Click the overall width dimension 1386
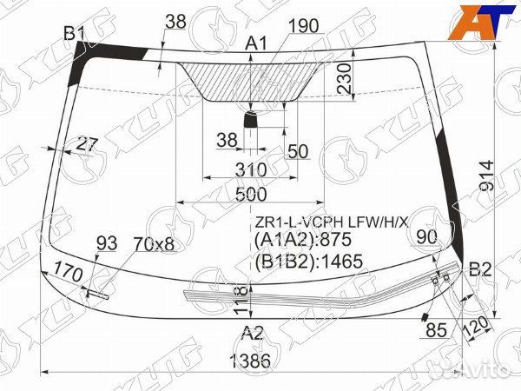click(250, 361)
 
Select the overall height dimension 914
click(487, 175)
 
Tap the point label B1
click(75, 33)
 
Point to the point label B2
click(480, 269)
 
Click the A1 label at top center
click(256, 43)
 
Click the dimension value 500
click(251, 195)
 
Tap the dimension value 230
click(344, 79)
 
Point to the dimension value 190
click(304, 26)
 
